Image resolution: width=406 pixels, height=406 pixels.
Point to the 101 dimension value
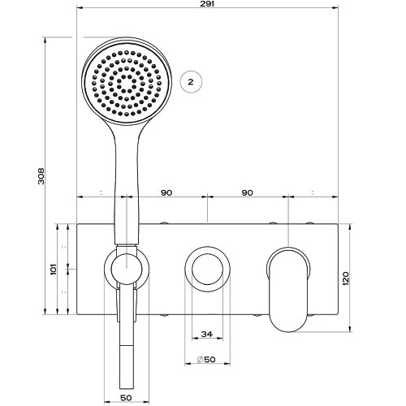click(51, 268)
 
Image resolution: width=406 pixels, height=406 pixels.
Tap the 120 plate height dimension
click(346, 278)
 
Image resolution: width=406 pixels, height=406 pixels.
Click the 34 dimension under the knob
click(206, 334)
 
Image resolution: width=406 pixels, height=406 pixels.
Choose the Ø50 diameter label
click(206, 361)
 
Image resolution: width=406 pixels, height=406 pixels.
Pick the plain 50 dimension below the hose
click(125, 397)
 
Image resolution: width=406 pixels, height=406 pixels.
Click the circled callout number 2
click(189, 81)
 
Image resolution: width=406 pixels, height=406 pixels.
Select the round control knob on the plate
click(206, 268)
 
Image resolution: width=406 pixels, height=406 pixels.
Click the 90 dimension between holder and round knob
click(166, 192)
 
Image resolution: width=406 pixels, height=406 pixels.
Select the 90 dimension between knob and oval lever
click(248, 192)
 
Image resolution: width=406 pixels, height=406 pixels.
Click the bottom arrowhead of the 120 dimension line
click(352, 330)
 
